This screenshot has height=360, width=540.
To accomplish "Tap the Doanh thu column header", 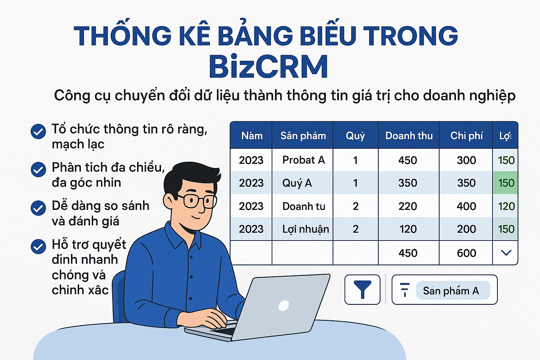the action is [x=409, y=136].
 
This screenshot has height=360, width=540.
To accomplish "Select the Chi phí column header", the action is [x=467, y=136].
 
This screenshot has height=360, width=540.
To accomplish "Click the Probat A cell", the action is [x=303, y=160].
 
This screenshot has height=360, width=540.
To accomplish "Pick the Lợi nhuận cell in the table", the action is [x=306, y=229].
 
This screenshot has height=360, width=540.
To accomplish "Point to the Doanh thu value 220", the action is [x=407, y=206].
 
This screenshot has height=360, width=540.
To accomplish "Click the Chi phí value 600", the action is [x=467, y=253].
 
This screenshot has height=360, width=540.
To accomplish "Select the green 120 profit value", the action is [x=506, y=206].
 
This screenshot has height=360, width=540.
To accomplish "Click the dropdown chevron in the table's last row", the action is [x=506, y=253].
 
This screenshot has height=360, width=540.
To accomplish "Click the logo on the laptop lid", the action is [x=283, y=306].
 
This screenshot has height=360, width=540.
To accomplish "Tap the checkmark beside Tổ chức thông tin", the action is [x=38, y=131].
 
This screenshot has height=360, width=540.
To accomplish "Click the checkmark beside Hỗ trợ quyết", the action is [x=38, y=246].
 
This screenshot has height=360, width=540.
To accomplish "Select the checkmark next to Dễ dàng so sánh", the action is [x=38, y=208].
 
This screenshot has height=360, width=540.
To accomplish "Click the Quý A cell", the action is [x=297, y=183].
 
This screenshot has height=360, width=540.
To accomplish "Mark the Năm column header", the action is [x=252, y=136].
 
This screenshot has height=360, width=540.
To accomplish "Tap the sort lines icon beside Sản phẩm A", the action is [x=405, y=290].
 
